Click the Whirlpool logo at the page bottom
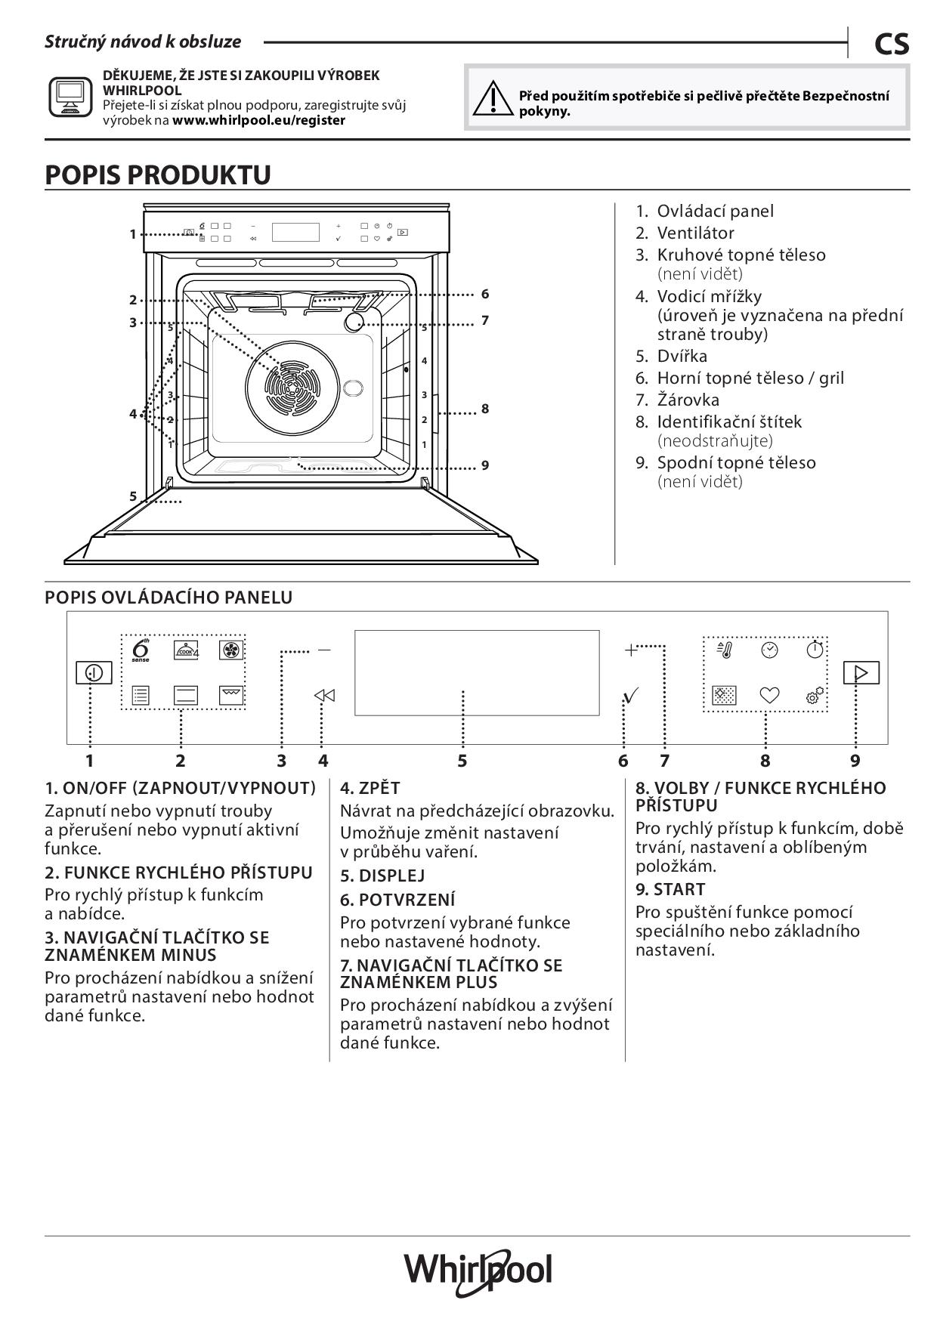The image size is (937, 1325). click(x=478, y=1271)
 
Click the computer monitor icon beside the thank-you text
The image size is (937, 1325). click(x=70, y=97)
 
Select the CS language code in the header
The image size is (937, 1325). click(x=891, y=45)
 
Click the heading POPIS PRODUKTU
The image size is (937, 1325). click(x=158, y=175)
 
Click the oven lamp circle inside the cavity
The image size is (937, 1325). click(x=354, y=323)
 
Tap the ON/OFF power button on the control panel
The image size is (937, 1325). click(x=94, y=672)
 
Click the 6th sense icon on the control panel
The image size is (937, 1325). click(x=141, y=650)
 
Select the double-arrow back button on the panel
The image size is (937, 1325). click(x=324, y=695)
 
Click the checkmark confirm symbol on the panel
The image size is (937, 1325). click(x=631, y=695)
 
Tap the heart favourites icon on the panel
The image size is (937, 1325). click(x=769, y=695)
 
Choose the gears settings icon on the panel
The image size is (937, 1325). click(x=815, y=695)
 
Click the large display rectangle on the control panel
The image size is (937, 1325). click(x=476, y=672)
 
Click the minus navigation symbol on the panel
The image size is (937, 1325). click(x=324, y=650)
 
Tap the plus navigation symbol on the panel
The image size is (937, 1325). click(x=631, y=650)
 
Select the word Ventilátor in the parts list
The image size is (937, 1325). click(x=695, y=233)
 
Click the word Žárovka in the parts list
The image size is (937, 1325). click(x=688, y=400)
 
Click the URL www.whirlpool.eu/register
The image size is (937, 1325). click(x=258, y=120)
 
